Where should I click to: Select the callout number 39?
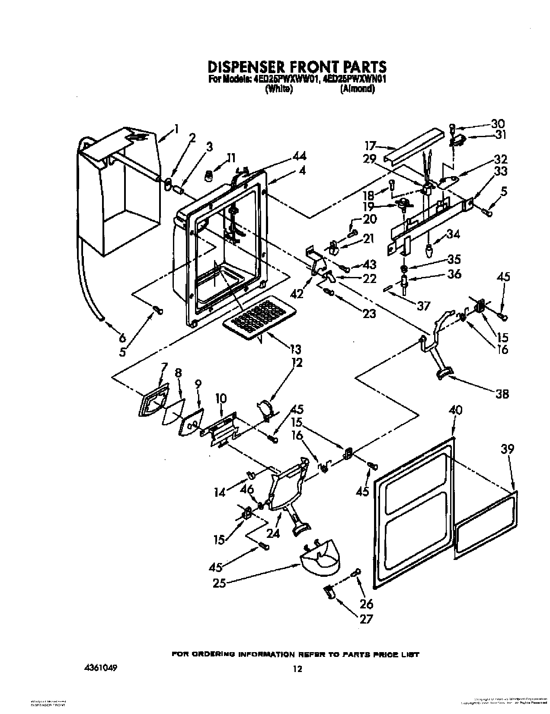pyautogui.click(x=507, y=449)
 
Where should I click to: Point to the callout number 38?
pyautogui.click(x=502, y=394)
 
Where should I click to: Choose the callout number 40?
pyautogui.click(x=455, y=410)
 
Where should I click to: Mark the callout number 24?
pyautogui.click(x=273, y=533)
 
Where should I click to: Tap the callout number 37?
pyautogui.click(x=423, y=306)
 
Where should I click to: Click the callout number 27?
pyautogui.click(x=366, y=619)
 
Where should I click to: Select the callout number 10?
pyautogui.click(x=221, y=398)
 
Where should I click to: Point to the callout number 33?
pyautogui.click(x=501, y=171)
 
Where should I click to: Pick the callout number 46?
pyautogui.click(x=247, y=489)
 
